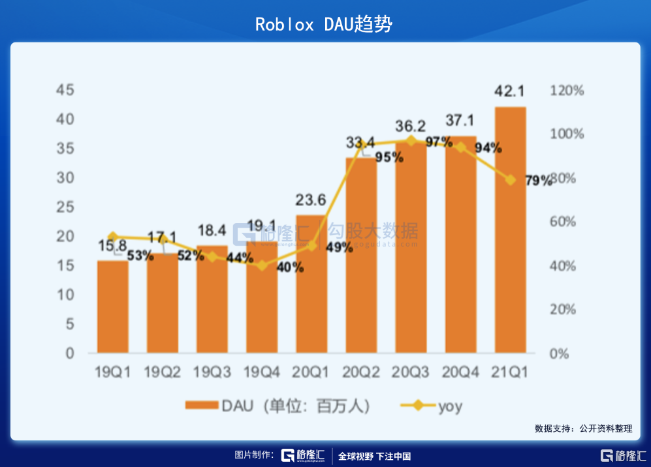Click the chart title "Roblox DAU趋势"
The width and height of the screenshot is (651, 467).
pos(324,25)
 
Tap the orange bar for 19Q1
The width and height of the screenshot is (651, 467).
pos(113,307)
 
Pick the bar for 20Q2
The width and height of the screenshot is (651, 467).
pos(361,261)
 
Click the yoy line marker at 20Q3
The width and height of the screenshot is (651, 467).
pos(411,141)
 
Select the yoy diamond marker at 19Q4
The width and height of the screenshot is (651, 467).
pos(262,265)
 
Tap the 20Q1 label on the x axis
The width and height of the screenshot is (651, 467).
pos(311,372)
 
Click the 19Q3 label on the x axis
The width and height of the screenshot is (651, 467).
pos(212,372)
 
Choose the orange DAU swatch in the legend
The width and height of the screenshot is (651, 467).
pos(201,406)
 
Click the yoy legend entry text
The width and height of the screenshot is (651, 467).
pos(450,406)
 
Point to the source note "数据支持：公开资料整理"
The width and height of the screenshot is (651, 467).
pos(583,429)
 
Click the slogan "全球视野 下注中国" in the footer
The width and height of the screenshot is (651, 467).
pos(374,456)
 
